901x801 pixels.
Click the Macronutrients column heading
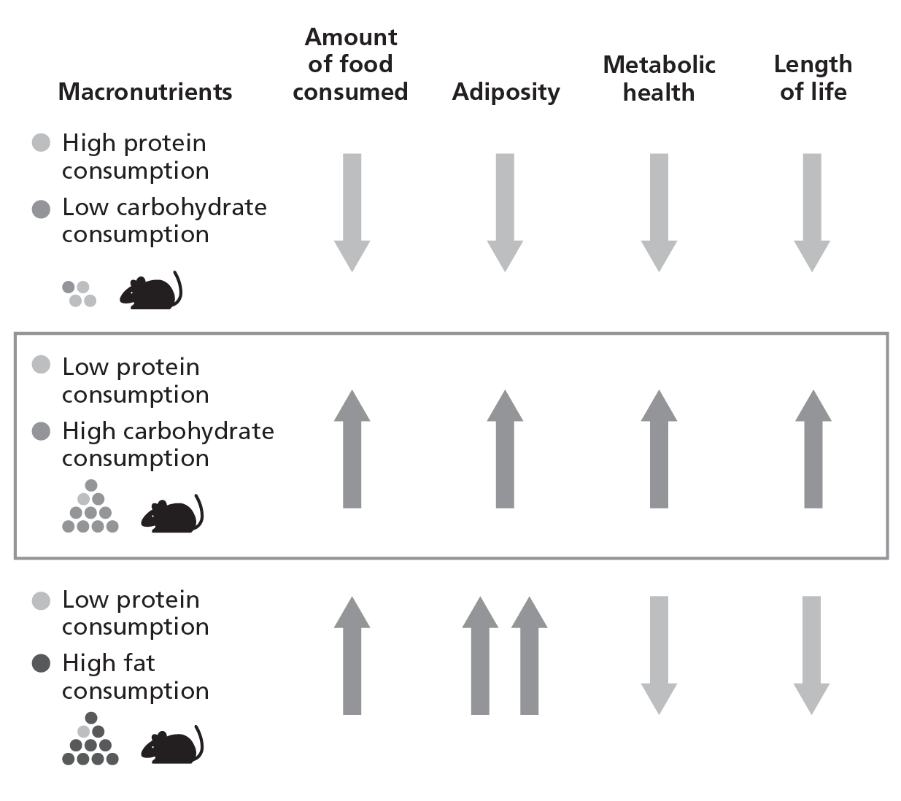point(144,92)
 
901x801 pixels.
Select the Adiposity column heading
point(506,92)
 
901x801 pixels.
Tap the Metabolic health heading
point(659,78)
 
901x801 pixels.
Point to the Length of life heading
point(813,78)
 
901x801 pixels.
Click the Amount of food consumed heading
point(350,64)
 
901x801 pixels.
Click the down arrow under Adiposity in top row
point(505,212)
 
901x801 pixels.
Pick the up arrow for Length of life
point(813,448)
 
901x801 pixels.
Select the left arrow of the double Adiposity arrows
point(480,654)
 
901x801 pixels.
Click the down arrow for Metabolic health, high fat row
point(659,654)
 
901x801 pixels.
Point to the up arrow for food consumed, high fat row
point(352,654)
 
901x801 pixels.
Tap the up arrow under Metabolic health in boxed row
point(659,448)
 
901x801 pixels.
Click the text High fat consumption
point(135,676)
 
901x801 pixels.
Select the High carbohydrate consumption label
point(168,444)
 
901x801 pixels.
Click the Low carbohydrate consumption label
point(164,220)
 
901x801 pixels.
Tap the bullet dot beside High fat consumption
point(42,663)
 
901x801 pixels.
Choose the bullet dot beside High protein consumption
point(42,143)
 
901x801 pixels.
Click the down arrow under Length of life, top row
point(812,212)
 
